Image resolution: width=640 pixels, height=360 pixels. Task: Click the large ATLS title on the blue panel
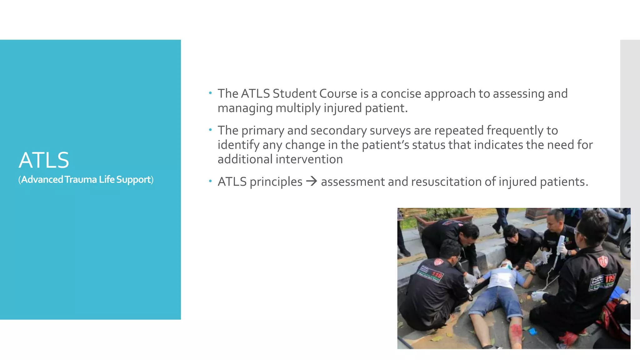click(x=44, y=160)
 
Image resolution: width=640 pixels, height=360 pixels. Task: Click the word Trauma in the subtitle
click(x=81, y=180)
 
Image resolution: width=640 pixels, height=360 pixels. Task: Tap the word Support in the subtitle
click(x=133, y=180)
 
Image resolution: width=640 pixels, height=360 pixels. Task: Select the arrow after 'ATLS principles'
click(x=312, y=181)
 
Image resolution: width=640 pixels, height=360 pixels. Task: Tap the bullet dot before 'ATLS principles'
click(x=211, y=181)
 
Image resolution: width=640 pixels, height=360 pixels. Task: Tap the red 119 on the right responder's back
click(x=610, y=278)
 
